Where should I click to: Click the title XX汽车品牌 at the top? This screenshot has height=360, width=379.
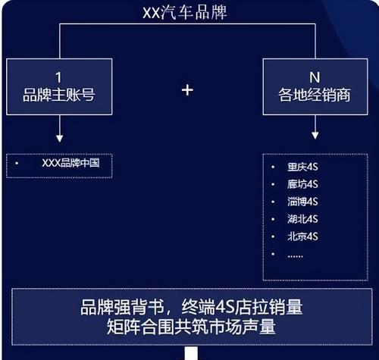[x=185, y=13]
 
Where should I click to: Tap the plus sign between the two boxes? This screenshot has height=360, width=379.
[x=187, y=90]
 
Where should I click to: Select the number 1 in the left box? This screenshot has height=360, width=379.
[x=58, y=77]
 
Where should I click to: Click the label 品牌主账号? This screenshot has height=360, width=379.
[x=59, y=95]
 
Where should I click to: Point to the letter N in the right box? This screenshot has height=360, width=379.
[x=315, y=77]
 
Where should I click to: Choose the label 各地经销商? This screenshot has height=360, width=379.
[x=315, y=95]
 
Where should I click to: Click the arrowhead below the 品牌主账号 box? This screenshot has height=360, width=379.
[x=60, y=138]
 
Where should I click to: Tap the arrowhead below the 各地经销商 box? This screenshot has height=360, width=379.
[x=315, y=135]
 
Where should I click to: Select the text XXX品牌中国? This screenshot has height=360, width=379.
[x=70, y=163]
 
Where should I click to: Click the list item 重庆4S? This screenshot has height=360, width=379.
[x=302, y=167]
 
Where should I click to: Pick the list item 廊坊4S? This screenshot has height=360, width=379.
[x=302, y=184]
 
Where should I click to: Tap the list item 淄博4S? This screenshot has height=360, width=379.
[x=302, y=202]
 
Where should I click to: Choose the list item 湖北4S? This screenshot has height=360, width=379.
[x=302, y=219]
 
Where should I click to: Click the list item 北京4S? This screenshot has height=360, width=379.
[x=302, y=236]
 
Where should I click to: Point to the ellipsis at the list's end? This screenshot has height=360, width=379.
[x=295, y=256]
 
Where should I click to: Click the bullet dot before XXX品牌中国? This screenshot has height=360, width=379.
[x=17, y=163]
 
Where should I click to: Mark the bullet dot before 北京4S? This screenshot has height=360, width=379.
[x=273, y=236]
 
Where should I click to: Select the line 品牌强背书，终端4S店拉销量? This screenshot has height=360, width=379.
[x=192, y=307]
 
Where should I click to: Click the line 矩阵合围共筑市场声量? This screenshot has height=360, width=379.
[x=191, y=327]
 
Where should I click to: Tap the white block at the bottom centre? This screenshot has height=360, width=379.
[x=191, y=353]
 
